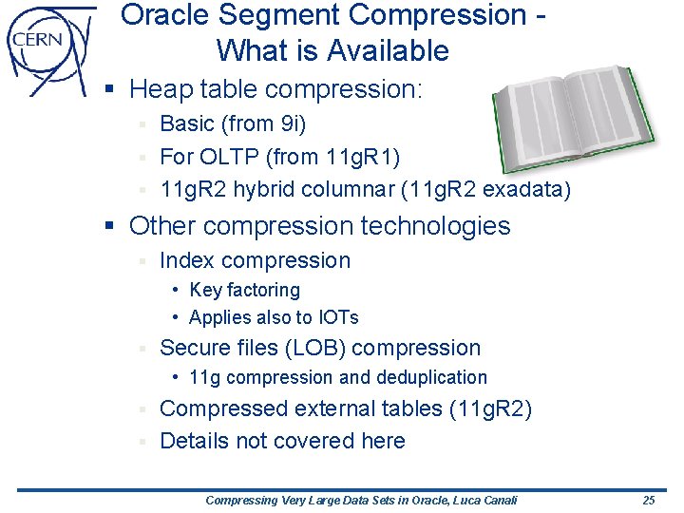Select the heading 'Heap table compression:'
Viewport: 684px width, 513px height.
[275, 89]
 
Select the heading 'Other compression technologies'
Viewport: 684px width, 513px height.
[319, 226]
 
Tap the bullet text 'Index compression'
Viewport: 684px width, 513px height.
[255, 260]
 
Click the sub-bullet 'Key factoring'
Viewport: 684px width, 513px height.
[244, 290]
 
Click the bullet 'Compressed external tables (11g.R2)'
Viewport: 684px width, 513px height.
[346, 408]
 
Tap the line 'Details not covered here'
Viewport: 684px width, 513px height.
[282, 441]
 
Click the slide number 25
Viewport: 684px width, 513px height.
[648, 500]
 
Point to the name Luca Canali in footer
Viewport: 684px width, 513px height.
[481, 500]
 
